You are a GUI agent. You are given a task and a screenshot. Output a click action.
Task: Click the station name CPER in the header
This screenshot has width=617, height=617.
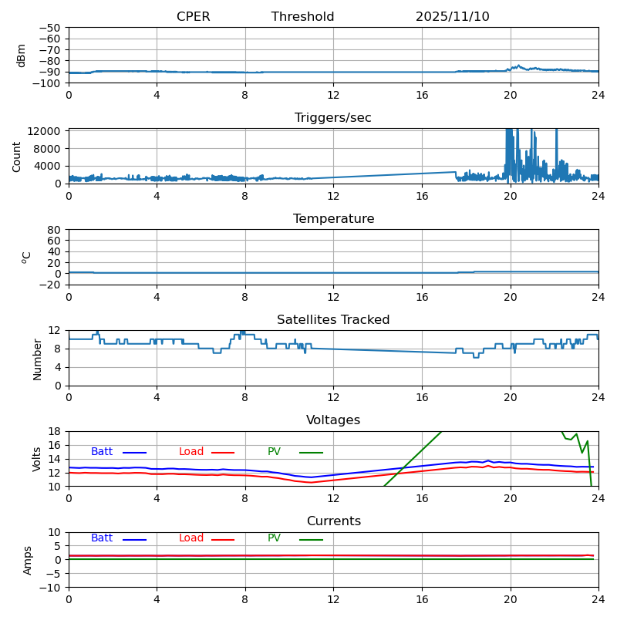point(193,17)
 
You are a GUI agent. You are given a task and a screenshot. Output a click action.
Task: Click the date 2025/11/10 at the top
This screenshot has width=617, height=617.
point(452,17)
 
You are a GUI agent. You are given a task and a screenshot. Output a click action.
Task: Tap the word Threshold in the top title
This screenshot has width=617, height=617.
point(302,17)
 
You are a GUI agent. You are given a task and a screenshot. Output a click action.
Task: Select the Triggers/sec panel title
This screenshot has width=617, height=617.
point(333,118)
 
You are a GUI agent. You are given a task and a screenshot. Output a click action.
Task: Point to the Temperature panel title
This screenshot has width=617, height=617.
point(333,219)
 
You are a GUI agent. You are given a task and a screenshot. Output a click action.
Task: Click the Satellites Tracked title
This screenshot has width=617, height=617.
point(333,320)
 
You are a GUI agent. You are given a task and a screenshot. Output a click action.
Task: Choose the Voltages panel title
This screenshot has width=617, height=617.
point(333,420)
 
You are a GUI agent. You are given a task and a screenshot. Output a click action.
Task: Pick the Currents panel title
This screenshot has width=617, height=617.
point(333,521)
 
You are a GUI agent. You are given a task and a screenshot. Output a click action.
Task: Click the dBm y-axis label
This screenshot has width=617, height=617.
point(22,56)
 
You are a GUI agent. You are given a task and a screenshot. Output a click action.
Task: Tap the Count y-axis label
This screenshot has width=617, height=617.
point(17,156)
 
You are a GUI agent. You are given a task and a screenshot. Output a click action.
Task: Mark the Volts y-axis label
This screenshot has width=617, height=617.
point(37,459)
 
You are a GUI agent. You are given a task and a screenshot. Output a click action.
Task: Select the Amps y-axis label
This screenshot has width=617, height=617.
point(28,560)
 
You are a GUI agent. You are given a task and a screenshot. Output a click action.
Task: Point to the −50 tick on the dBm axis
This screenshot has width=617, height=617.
point(49,28)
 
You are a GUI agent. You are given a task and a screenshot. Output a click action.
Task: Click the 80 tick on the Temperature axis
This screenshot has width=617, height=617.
point(55,230)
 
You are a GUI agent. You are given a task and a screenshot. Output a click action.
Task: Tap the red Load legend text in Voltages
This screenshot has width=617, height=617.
point(191,452)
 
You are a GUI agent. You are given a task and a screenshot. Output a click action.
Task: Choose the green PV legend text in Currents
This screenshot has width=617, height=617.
point(274,538)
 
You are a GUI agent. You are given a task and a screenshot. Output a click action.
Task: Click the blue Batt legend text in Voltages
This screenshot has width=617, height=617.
point(102,452)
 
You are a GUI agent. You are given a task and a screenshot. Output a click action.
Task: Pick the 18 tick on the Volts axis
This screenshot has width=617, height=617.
point(55,432)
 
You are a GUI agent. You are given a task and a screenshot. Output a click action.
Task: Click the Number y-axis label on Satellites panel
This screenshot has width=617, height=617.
point(37,359)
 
